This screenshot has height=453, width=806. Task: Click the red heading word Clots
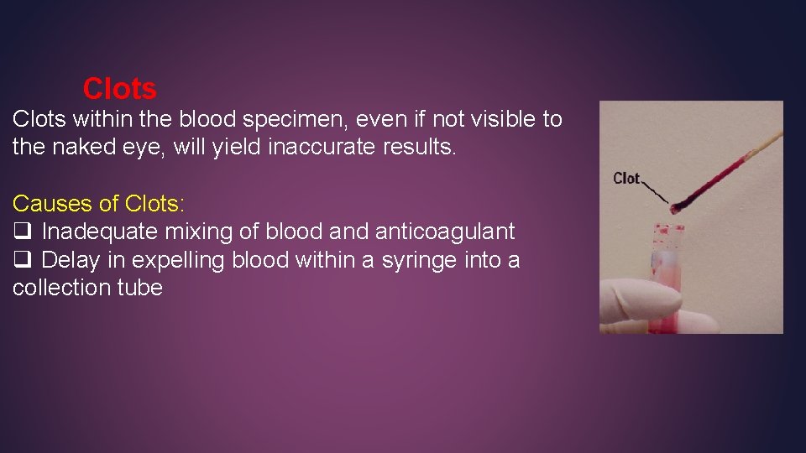(x=119, y=88)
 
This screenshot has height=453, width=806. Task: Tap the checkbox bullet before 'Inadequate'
(x=22, y=232)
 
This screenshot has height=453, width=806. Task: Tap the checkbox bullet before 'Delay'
(x=22, y=261)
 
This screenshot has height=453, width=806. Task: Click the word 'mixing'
(x=208, y=232)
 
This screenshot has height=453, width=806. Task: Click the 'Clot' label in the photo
(x=626, y=178)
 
